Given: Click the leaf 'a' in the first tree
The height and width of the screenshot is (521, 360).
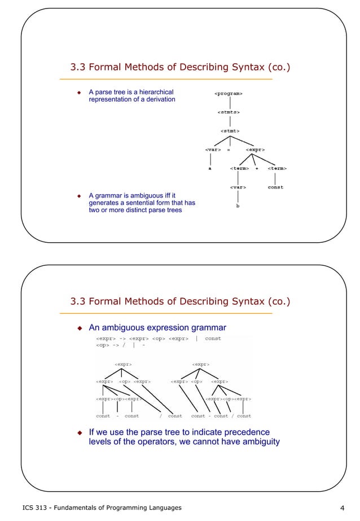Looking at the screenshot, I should [x=210, y=168].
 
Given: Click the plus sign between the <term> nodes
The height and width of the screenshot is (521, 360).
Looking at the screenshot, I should [x=257, y=168].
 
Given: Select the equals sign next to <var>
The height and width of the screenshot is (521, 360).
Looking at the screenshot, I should [x=229, y=150].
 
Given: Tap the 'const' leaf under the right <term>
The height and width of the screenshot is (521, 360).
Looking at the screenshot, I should [x=275, y=187].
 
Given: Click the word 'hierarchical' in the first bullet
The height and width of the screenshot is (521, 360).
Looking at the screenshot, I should [x=153, y=92].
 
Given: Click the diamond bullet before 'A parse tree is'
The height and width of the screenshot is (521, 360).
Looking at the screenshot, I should [x=80, y=92].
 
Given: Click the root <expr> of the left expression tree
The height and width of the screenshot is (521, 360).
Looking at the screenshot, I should [x=124, y=365].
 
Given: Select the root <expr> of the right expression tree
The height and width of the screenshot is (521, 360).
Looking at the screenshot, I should [x=200, y=365].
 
